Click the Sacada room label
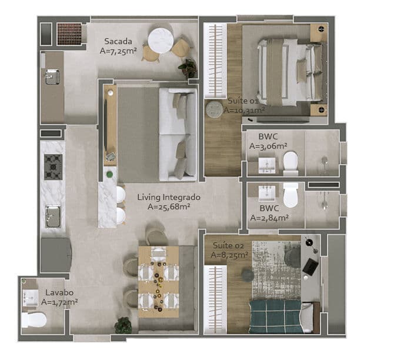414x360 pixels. tap(118, 41)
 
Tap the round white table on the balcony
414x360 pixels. tap(161, 41)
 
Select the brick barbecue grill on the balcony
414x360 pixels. tap(69, 34)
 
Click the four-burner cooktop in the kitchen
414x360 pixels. tap(54, 167)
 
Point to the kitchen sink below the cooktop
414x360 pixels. tap(53, 216)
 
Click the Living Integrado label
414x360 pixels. tap(169, 197)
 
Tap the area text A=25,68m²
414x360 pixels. tap(169, 206)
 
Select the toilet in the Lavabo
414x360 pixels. tap(34, 320)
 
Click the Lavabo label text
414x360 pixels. tap(59, 292)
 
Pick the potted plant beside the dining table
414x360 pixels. tap(123, 325)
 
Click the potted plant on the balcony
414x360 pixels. tap(188, 68)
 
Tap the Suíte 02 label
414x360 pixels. tap(228, 246)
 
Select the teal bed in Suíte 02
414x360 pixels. tap(275, 316)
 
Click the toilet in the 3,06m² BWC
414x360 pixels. tap(291, 164)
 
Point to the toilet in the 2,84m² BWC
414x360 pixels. tap(291, 195)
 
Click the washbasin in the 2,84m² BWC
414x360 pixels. tap(266, 193)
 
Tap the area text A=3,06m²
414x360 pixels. tap(268, 146)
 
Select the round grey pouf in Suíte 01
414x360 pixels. tap(214, 109)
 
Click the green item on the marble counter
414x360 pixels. tap(109, 174)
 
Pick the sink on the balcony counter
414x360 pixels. tap(52, 77)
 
